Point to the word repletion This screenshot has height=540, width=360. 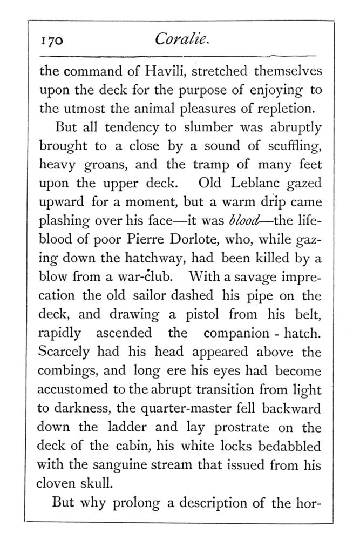coord(283,107)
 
